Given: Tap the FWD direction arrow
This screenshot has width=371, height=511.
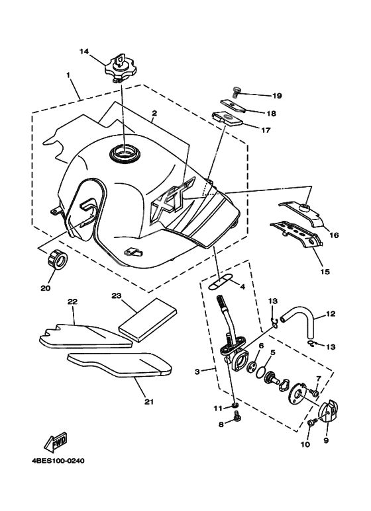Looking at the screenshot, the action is [56, 442].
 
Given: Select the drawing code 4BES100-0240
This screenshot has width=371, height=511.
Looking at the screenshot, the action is [58, 461].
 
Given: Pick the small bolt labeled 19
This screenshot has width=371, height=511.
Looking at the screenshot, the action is [236, 92].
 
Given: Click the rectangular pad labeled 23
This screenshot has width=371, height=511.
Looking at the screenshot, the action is [148, 320].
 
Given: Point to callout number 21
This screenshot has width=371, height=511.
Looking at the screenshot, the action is [149, 402].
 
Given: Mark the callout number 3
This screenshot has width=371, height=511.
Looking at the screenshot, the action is [197, 372].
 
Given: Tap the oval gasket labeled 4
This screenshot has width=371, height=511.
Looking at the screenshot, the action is [220, 281].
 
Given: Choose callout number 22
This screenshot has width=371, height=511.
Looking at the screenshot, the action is [72, 301].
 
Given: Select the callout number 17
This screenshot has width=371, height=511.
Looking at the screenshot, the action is [266, 130].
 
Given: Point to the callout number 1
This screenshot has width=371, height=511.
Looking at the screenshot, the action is [69, 75].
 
